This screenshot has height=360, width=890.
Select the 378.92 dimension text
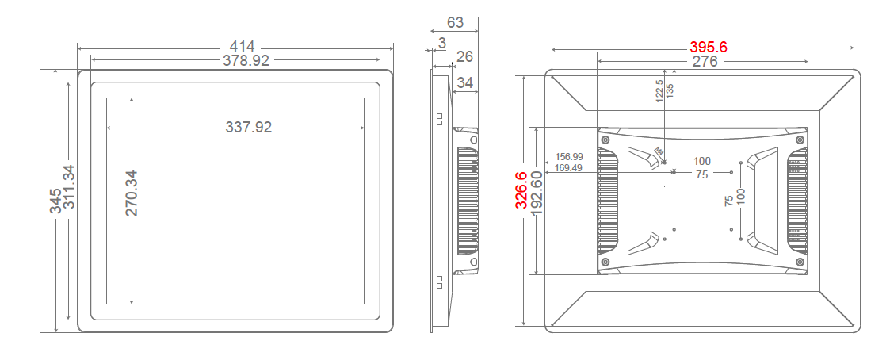236,60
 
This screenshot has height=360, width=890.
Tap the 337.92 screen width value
249,127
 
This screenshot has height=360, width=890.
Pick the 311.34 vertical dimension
69,187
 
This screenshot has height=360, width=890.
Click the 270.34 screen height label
132,193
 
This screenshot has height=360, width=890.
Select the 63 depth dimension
456,21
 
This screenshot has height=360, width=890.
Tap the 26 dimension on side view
465,56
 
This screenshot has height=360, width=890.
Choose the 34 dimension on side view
466,82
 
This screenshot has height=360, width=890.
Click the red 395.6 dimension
710,48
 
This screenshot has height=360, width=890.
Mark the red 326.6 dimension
521,190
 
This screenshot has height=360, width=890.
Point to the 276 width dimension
705,61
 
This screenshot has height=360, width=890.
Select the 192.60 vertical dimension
537,193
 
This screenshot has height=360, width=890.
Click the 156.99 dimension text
568,157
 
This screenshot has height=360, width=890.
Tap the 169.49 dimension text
568,167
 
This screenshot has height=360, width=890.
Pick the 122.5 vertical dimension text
659,91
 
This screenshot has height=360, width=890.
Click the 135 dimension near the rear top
670,90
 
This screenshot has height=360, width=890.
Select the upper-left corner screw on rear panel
605,140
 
